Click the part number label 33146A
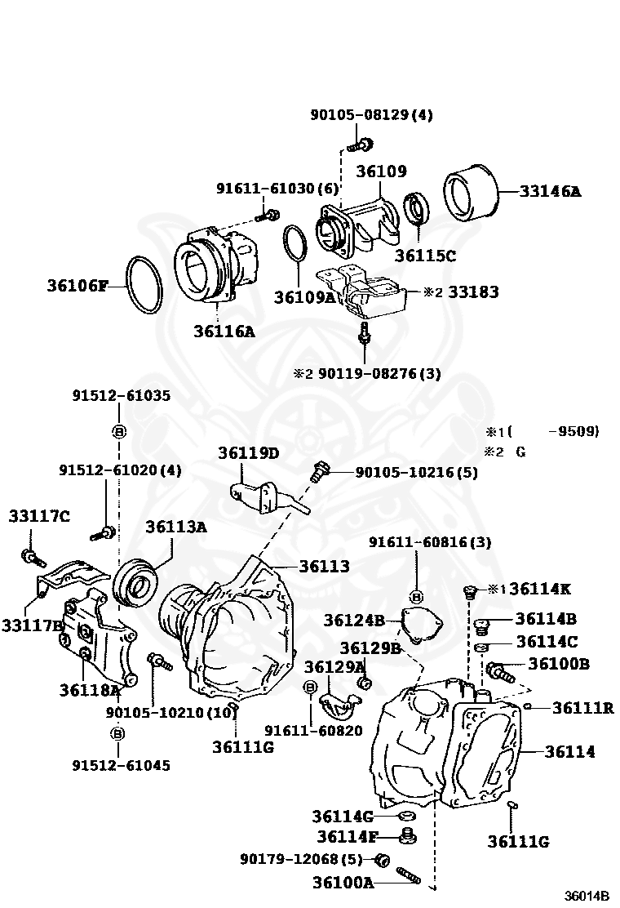[x=551, y=192]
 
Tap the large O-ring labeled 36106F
[x=144, y=284]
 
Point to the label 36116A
[x=224, y=331]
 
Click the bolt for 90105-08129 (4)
[x=359, y=146]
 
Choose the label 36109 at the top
[x=381, y=171]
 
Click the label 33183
[x=473, y=292]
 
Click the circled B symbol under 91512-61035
[x=117, y=432]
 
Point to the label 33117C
[x=39, y=515]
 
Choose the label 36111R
[x=582, y=708]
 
